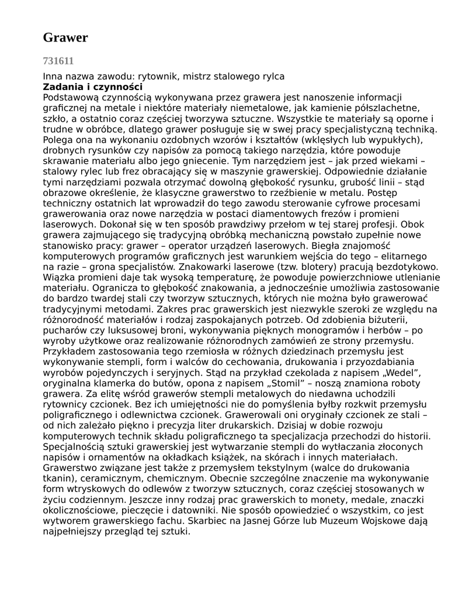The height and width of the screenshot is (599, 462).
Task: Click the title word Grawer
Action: [65, 38]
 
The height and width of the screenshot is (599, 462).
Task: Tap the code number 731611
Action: [58, 60]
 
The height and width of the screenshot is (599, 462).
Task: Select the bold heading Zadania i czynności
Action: [93, 87]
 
